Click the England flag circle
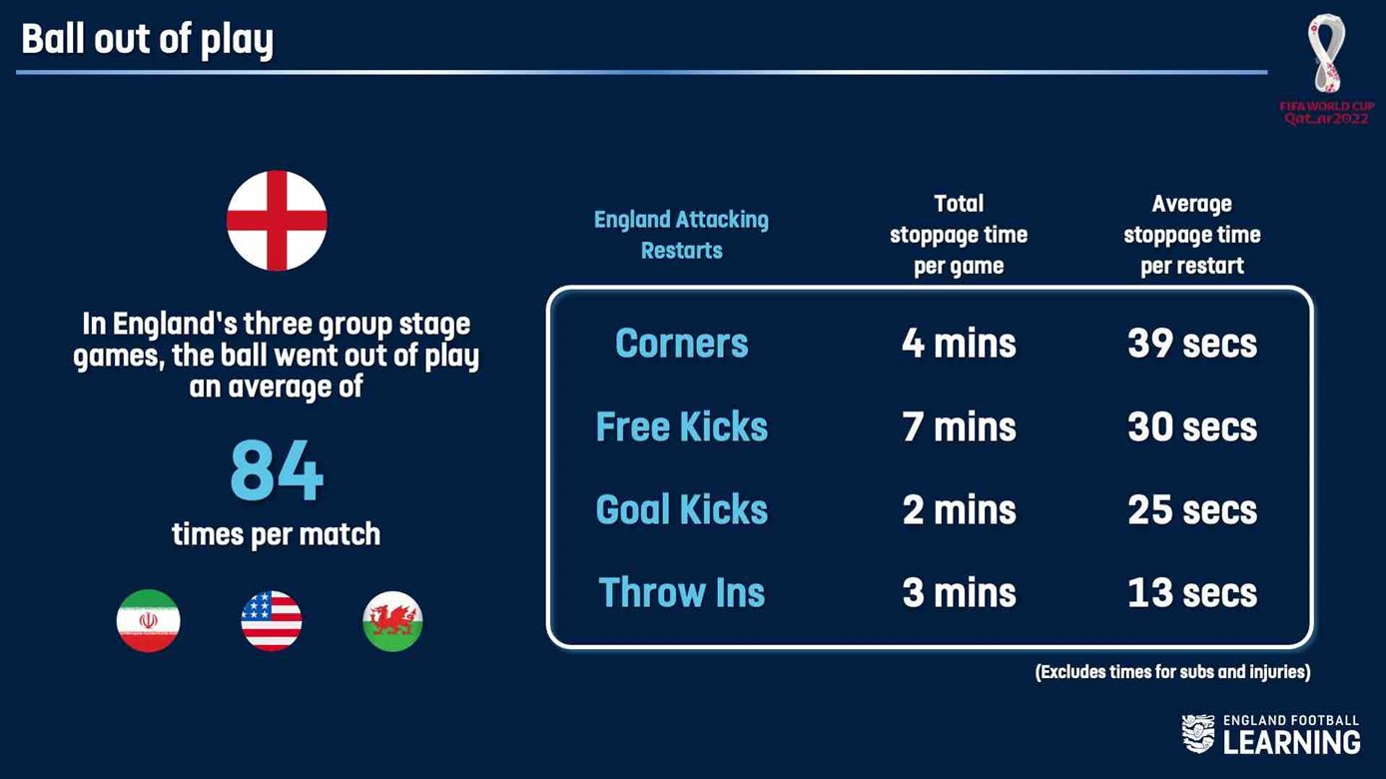coord(277,221)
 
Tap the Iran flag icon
coord(149,620)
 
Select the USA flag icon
coord(271,620)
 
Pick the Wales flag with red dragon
coord(392,621)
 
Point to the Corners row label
coord(681,344)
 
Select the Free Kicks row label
coord(681,426)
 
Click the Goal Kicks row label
coord(681,510)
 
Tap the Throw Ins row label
coord(681,593)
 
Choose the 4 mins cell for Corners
coord(959,344)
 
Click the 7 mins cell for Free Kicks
coord(959,426)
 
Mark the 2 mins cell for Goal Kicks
coord(959,510)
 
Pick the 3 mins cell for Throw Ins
coord(959,593)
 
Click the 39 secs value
coord(1192,344)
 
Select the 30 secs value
coord(1192,426)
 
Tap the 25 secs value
coord(1192,510)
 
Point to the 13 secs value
coord(1192,593)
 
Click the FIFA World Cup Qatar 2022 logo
coord(1327,69)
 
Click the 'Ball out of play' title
coord(147,40)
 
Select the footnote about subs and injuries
coord(1172,672)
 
